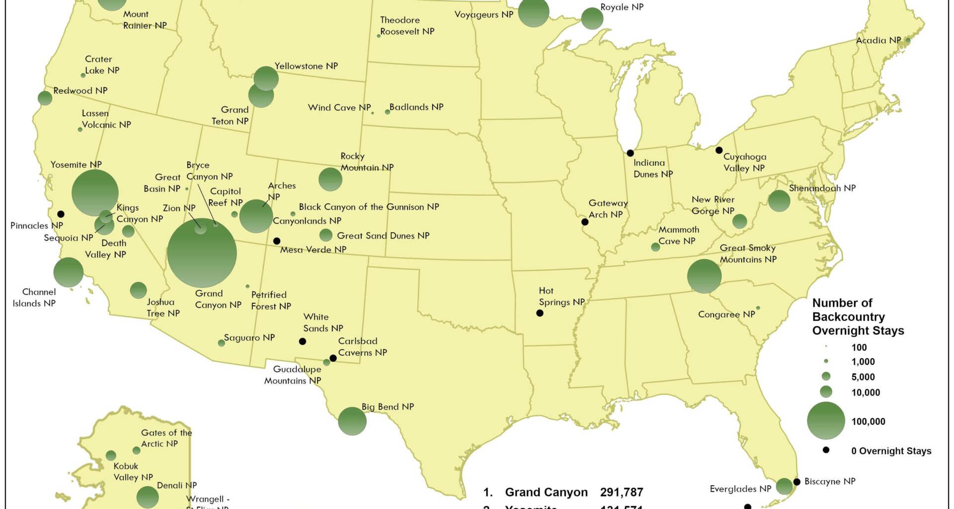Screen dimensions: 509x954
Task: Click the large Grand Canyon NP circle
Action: point(202,253)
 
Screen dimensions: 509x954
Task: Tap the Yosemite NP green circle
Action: point(95,193)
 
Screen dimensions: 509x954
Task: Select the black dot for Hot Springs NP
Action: point(540,313)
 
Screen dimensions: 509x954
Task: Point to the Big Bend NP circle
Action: point(352,421)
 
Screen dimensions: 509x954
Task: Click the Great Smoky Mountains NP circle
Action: point(704,276)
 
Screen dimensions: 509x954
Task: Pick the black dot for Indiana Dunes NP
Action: point(630,153)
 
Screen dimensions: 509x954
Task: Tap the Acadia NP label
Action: point(878,40)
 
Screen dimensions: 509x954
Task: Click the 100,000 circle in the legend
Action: point(826,421)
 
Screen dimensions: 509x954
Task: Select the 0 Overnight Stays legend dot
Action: point(826,450)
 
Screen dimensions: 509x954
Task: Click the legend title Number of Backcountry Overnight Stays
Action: point(858,317)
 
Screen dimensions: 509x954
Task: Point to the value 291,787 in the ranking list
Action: point(621,492)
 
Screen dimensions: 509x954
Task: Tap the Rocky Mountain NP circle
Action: point(330,179)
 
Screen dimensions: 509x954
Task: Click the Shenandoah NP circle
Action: point(779,201)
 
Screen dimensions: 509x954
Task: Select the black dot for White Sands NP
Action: point(302,341)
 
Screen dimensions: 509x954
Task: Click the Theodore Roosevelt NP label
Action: point(407,26)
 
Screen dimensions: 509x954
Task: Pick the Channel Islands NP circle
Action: point(68,272)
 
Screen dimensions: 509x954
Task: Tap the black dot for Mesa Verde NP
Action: point(277,241)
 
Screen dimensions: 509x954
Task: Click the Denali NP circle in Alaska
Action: point(147,497)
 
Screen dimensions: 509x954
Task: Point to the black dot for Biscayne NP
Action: point(796,482)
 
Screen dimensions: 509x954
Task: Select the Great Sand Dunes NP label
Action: point(383,236)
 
